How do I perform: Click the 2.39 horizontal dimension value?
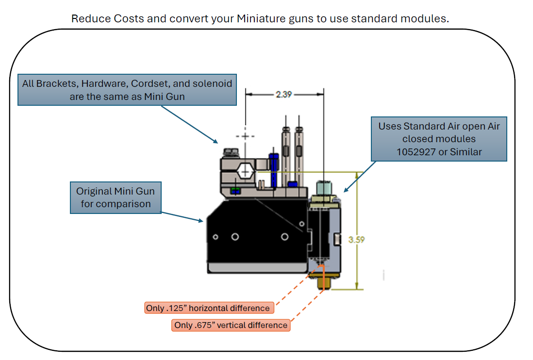point(283,95)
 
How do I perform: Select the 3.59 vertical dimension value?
point(356,239)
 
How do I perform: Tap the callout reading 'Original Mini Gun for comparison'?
point(116,197)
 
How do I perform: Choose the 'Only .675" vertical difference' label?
point(231,325)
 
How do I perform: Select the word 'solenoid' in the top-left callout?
point(215,83)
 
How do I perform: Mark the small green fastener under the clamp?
point(235,191)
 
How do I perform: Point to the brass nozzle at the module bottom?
point(321,281)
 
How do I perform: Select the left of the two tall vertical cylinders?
point(286,155)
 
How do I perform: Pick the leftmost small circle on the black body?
point(215,237)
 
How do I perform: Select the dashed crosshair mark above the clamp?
point(246,136)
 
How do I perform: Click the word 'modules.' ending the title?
point(431,19)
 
